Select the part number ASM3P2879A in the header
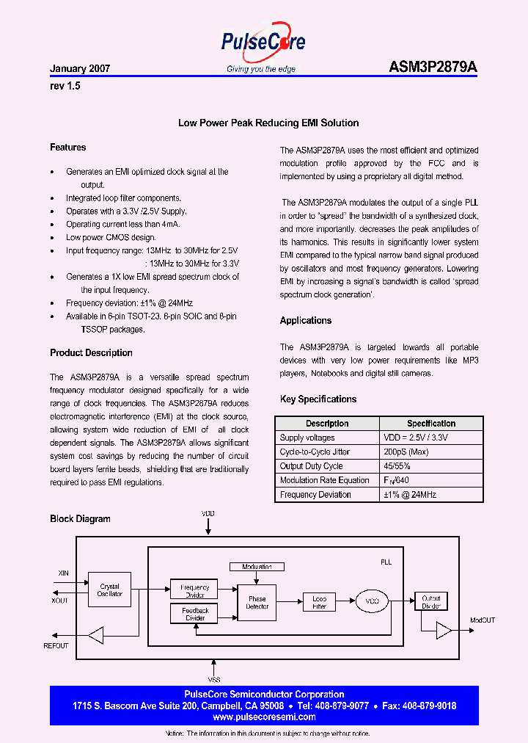point(433,68)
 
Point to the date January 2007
point(80,68)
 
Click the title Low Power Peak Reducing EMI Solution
point(268,123)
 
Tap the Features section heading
point(67,148)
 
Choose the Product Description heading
point(91,352)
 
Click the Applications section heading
point(306,320)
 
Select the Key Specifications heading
point(318,399)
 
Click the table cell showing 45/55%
point(399,466)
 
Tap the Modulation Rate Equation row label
point(324,480)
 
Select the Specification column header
point(431,424)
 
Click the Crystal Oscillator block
point(109,590)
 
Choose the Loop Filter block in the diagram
point(319,603)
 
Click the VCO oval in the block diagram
point(373,602)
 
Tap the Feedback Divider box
point(195,614)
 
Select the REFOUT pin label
point(56,646)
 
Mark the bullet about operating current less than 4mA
point(122,224)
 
